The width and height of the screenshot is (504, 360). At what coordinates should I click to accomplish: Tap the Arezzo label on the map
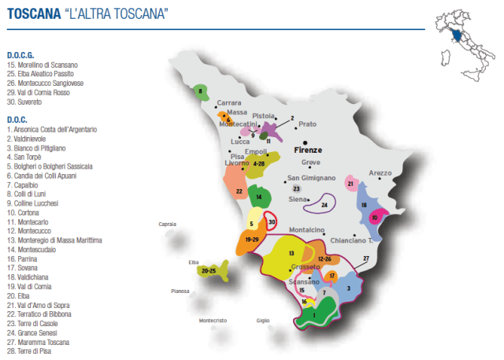tap(380, 173)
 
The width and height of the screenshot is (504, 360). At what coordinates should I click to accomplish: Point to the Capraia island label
tap(167, 224)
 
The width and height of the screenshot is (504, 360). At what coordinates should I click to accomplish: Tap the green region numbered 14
tap(259, 196)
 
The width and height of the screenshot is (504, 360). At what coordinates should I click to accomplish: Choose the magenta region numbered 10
tap(376, 217)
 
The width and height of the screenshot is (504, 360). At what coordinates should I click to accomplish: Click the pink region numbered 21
tap(350, 184)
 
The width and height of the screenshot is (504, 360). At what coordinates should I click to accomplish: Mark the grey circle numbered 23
tap(296, 189)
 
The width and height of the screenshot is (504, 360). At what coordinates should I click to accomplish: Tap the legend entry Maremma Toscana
tap(37, 342)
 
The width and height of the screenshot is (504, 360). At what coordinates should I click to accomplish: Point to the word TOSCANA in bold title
tap(30, 13)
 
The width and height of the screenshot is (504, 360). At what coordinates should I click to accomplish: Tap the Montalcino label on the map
tap(307, 230)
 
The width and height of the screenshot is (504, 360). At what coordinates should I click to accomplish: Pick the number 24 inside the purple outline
tap(324, 205)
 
